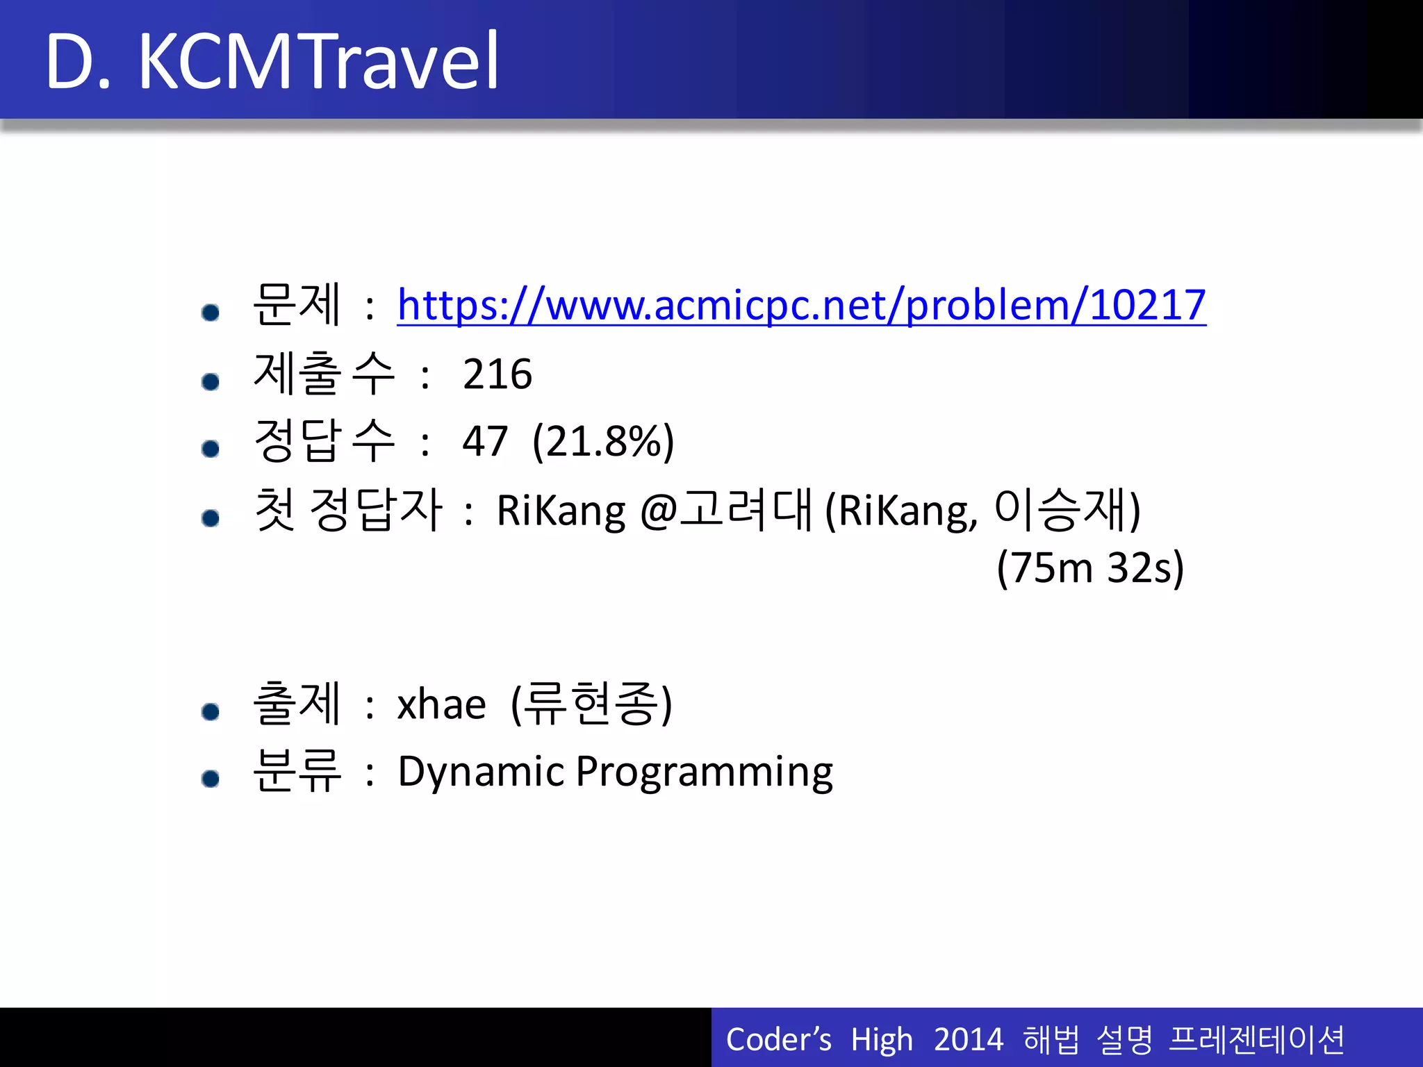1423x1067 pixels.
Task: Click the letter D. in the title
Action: click(78, 63)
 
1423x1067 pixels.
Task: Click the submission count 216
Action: click(497, 374)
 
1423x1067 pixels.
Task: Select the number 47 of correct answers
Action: click(485, 441)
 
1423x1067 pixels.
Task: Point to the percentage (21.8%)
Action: click(603, 441)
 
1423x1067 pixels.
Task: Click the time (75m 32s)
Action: click(1089, 568)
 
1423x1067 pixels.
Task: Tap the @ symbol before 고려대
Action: click(658, 512)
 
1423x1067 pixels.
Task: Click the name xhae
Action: click(441, 705)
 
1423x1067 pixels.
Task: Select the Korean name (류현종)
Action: click(591, 704)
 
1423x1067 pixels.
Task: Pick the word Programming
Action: click(704, 773)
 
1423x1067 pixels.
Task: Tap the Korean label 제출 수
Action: click(324, 374)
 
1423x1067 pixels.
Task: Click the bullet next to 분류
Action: click(211, 779)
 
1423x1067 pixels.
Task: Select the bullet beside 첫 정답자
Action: click(211, 518)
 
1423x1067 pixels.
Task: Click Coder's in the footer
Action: click(778, 1040)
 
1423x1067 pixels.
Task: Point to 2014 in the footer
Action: click(968, 1040)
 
